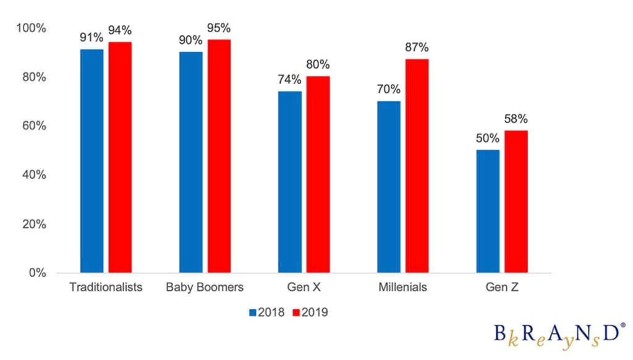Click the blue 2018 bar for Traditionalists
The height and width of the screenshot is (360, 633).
tap(91, 161)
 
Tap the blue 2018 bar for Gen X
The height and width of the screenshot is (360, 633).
tap(290, 182)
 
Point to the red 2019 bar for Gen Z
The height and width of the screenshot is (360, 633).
tap(516, 201)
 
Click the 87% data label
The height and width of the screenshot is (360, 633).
tap(417, 48)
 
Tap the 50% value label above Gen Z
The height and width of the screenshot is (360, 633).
tap(488, 138)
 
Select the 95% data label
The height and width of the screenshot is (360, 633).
tap(219, 28)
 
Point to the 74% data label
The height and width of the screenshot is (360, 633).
tap(290, 79)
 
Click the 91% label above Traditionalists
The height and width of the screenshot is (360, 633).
tap(91, 37)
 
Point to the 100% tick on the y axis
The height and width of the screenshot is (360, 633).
tap(32, 28)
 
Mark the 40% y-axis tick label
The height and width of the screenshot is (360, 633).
tap(34, 175)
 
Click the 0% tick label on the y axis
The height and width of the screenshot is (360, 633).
tap(38, 273)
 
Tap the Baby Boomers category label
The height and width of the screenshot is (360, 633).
tap(205, 288)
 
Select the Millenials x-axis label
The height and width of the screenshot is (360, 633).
tap(402, 288)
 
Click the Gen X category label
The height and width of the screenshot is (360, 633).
tap(304, 288)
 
